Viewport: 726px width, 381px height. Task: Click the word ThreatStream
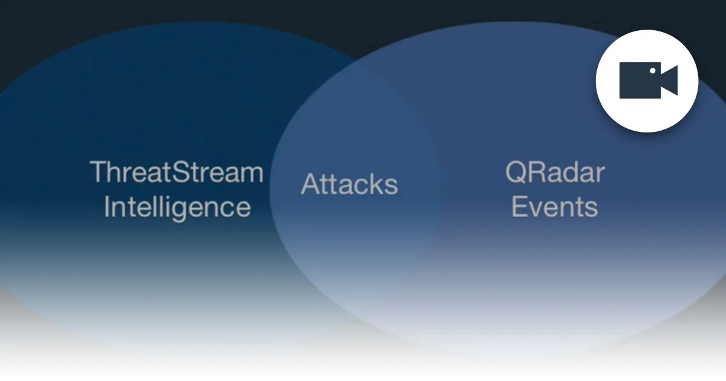[x=177, y=172]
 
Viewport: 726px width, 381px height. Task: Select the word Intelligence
[x=177, y=207]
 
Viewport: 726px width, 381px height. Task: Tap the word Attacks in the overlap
[x=350, y=184]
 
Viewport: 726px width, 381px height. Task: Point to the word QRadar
[x=555, y=173]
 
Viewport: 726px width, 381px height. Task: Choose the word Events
[x=555, y=207]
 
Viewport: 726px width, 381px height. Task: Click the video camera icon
[x=647, y=80]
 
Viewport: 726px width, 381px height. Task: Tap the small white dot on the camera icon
[x=653, y=71]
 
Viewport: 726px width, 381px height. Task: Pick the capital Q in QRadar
[x=515, y=173]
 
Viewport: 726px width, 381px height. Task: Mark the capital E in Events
[x=519, y=207]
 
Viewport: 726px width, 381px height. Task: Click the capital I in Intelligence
[x=107, y=207]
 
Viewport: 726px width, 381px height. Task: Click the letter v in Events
[x=537, y=208]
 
